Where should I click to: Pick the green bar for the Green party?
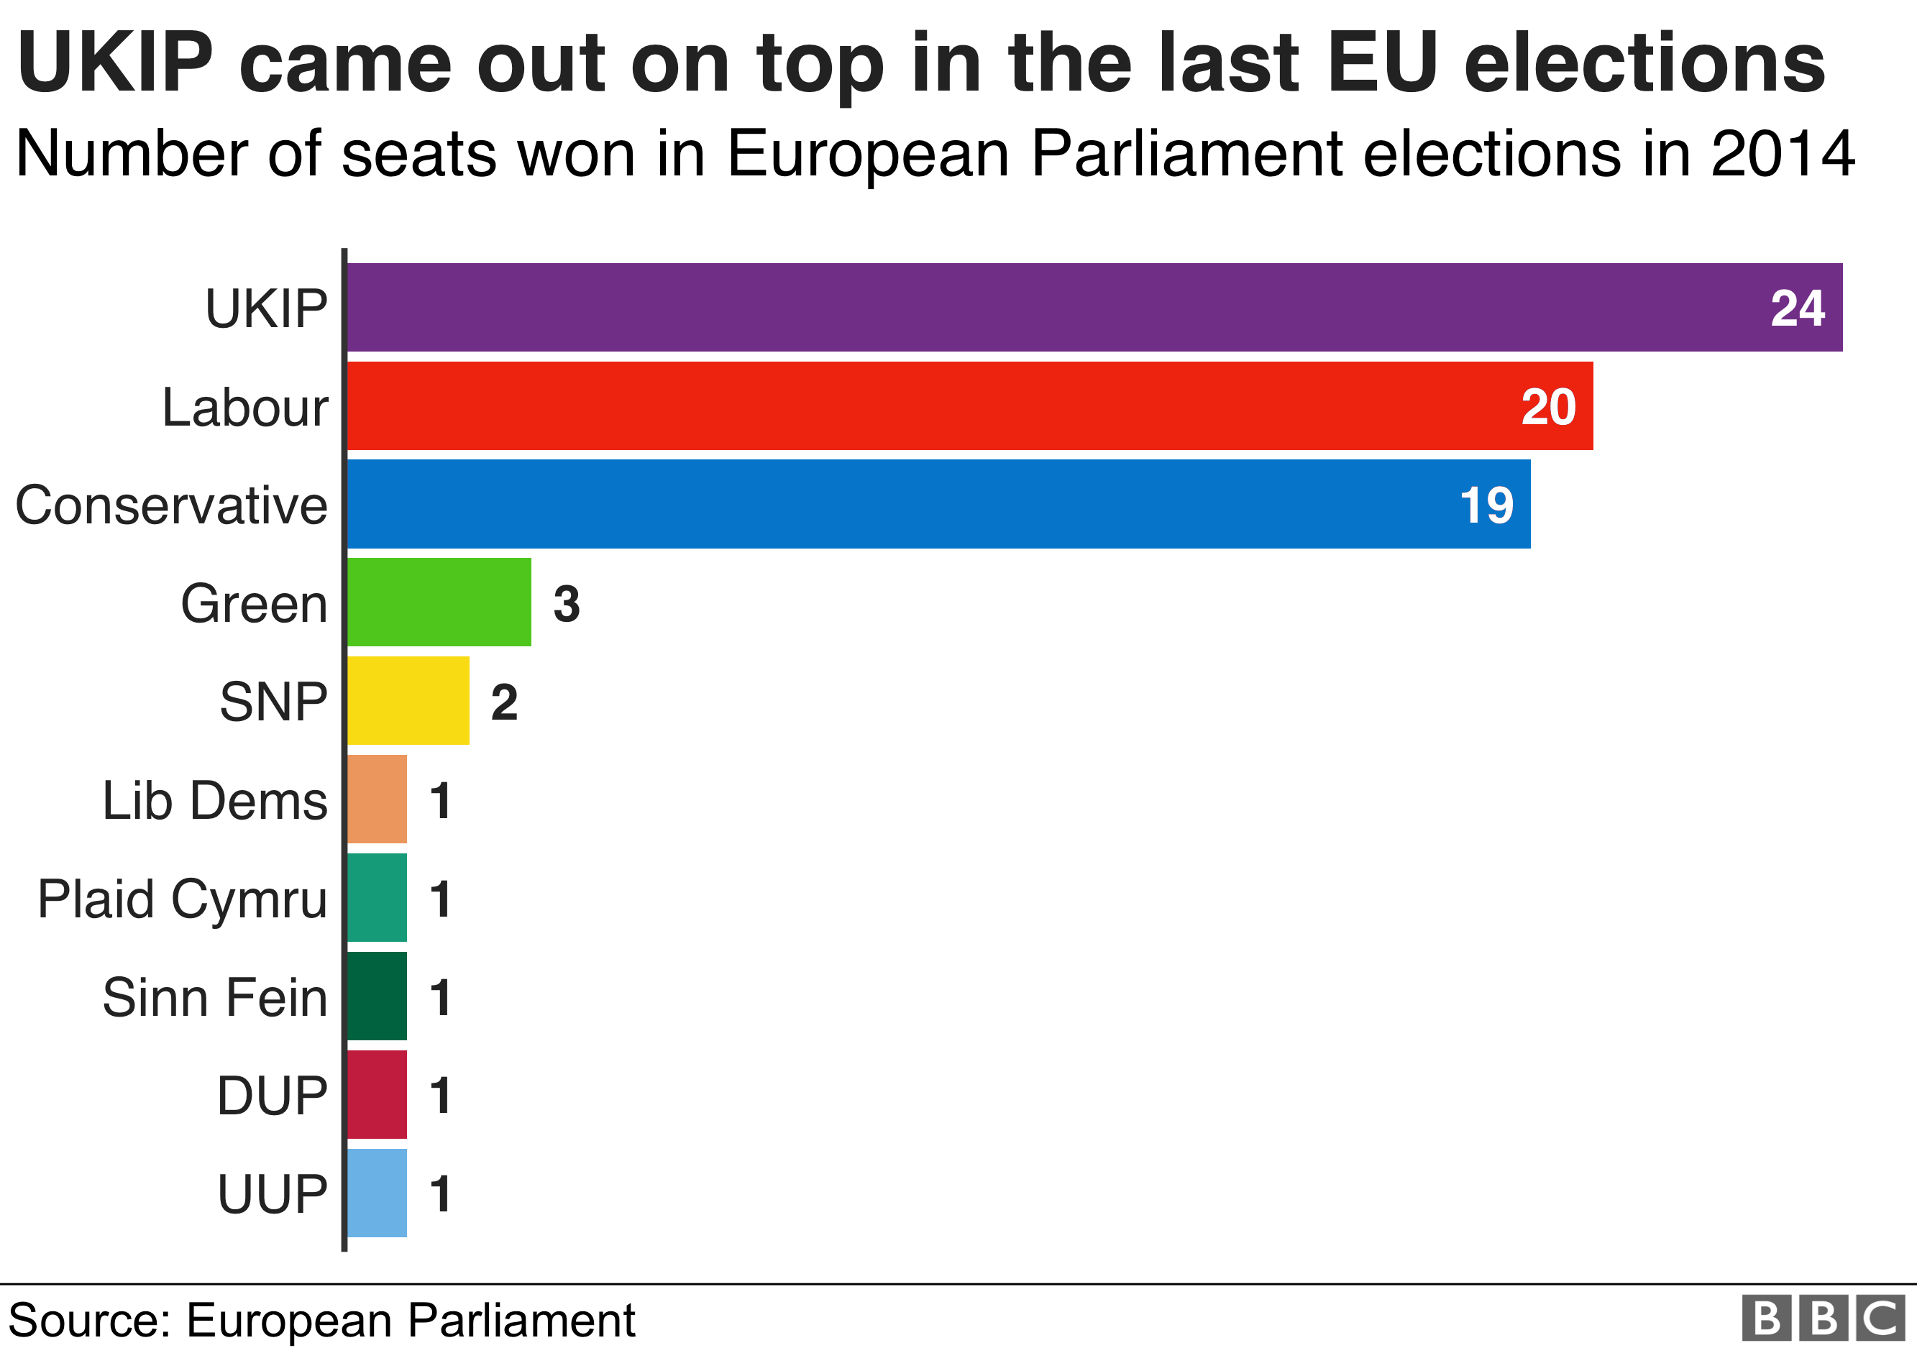(439, 602)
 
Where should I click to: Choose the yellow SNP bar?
(408, 700)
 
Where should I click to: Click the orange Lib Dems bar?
(378, 799)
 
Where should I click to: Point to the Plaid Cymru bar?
(378, 897)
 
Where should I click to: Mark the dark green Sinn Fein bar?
(378, 996)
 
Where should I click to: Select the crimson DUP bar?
(378, 1094)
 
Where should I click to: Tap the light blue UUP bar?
(378, 1193)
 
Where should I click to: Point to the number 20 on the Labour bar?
(1548, 408)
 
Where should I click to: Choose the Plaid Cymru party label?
(182, 900)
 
